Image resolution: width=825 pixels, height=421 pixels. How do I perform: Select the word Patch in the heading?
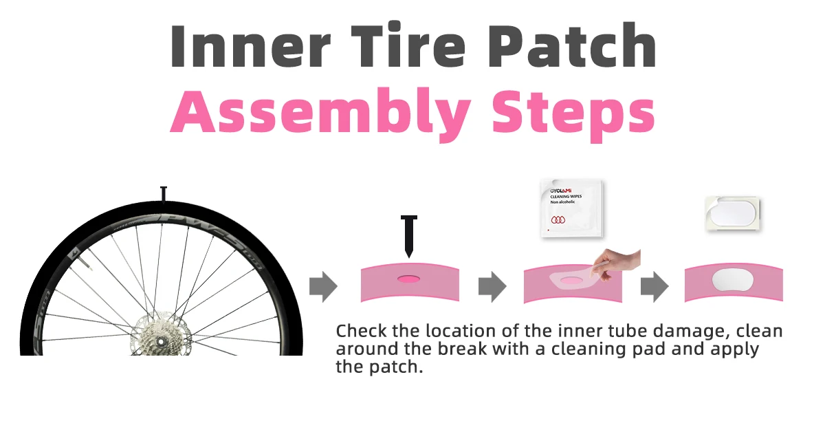[572, 45]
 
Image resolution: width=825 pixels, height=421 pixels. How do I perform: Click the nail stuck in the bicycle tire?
[164, 195]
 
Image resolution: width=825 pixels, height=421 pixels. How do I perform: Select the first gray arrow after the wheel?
[323, 287]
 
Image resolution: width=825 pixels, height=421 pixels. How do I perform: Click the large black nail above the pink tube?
[409, 237]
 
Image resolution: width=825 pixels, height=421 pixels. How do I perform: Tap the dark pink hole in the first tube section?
[408, 279]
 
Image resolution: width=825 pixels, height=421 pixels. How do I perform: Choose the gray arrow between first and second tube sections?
[492, 287]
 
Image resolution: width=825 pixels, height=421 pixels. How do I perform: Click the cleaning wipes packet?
[572, 208]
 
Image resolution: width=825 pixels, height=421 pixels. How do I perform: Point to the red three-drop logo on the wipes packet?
[558, 220]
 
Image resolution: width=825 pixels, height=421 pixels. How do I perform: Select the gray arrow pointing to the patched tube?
[654, 287]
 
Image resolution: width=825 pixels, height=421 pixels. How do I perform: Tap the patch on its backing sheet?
[733, 214]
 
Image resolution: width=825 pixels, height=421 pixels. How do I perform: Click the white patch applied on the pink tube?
[733, 280]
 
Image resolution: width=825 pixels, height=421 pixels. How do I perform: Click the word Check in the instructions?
[362, 331]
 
